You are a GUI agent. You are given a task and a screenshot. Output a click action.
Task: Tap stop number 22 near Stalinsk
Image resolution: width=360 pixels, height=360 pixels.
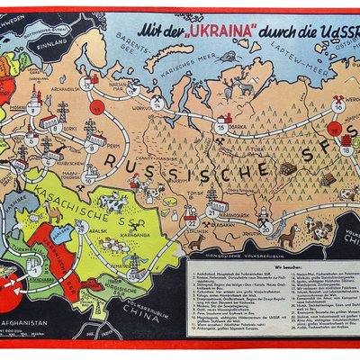(x=191, y=220)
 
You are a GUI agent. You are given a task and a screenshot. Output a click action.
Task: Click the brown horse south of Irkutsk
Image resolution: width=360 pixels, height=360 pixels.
(x=289, y=238)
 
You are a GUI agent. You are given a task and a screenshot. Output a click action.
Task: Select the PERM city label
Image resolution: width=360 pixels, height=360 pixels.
(x=99, y=144)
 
